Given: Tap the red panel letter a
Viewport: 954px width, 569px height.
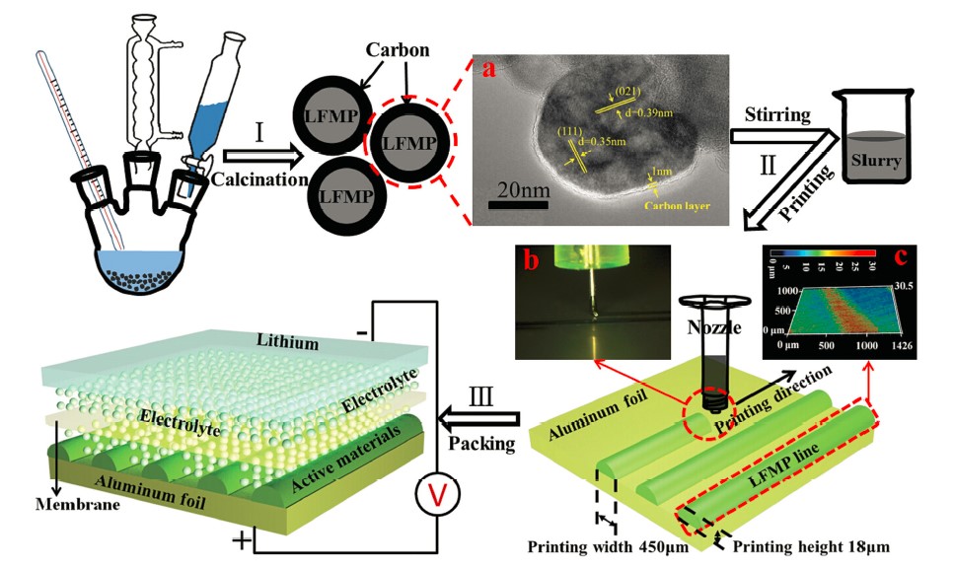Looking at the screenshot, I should [486, 69].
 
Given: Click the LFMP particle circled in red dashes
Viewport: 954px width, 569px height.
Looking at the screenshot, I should [406, 142].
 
